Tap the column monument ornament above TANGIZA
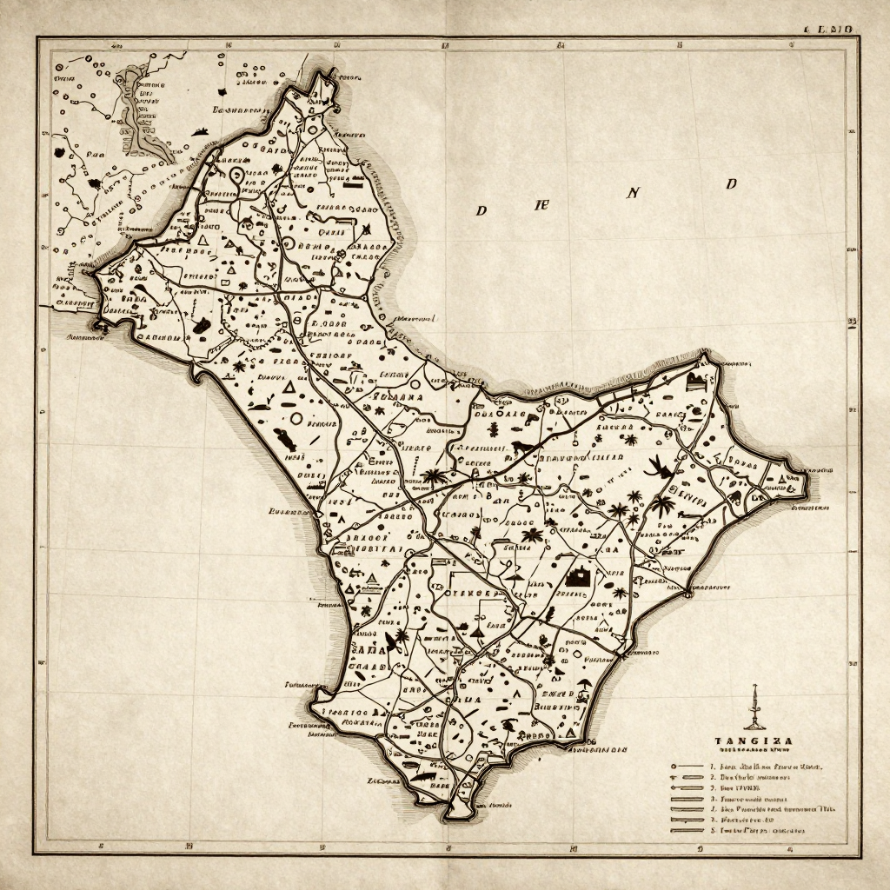753,707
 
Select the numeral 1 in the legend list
712,767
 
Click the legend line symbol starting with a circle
687,767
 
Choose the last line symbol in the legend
687,831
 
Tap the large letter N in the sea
633,193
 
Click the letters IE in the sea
541,205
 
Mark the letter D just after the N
732,183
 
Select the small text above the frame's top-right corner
832,29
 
